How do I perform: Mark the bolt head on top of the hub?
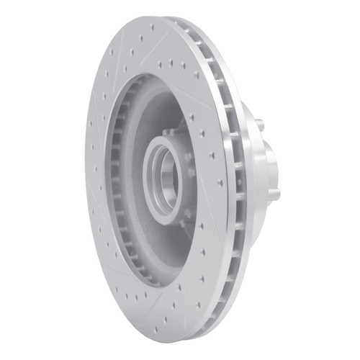click(167, 133)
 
